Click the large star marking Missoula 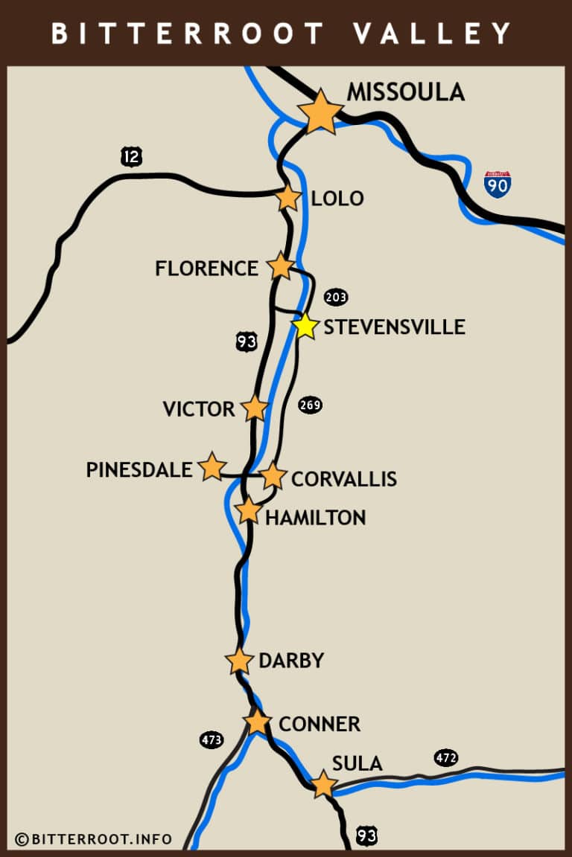click(320, 112)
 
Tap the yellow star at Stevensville click(305, 326)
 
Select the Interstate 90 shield click(497, 183)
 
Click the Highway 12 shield click(131, 156)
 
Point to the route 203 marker click(335, 298)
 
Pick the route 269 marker click(310, 405)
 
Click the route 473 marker click(212, 739)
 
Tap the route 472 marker click(446, 758)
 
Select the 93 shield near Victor click(247, 341)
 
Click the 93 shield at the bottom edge click(366, 835)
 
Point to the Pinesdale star click(212, 466)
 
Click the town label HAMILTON click(315, 517)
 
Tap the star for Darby click(239, 661)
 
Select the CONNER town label click(319, 724)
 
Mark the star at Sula click(322, 785)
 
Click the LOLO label click(337, 199)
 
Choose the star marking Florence click(281, 266)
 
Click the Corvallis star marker click(273, 476)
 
